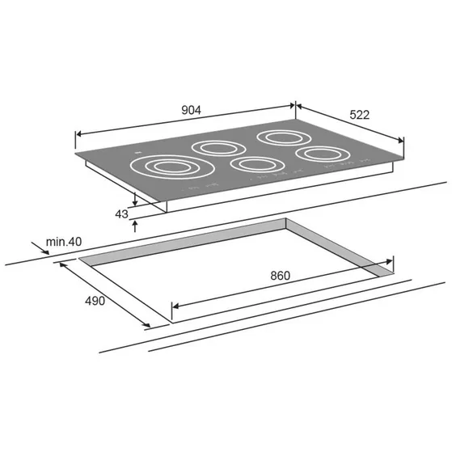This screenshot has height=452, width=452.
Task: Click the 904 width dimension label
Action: pos(191,110)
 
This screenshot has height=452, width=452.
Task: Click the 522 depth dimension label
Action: pos(360,115)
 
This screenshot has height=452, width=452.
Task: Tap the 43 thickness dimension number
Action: pos(121,214)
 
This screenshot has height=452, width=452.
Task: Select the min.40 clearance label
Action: pos(64,242)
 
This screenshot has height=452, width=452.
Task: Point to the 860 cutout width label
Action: pos(281,276)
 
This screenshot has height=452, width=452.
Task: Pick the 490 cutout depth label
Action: pos(95,301)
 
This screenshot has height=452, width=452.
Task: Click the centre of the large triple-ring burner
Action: pos(172,167)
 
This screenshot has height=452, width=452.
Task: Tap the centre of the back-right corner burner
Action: pos(284,138)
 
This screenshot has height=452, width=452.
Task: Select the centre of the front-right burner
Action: pos(323,154)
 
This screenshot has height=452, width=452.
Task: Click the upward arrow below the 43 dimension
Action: pos(135,226)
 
